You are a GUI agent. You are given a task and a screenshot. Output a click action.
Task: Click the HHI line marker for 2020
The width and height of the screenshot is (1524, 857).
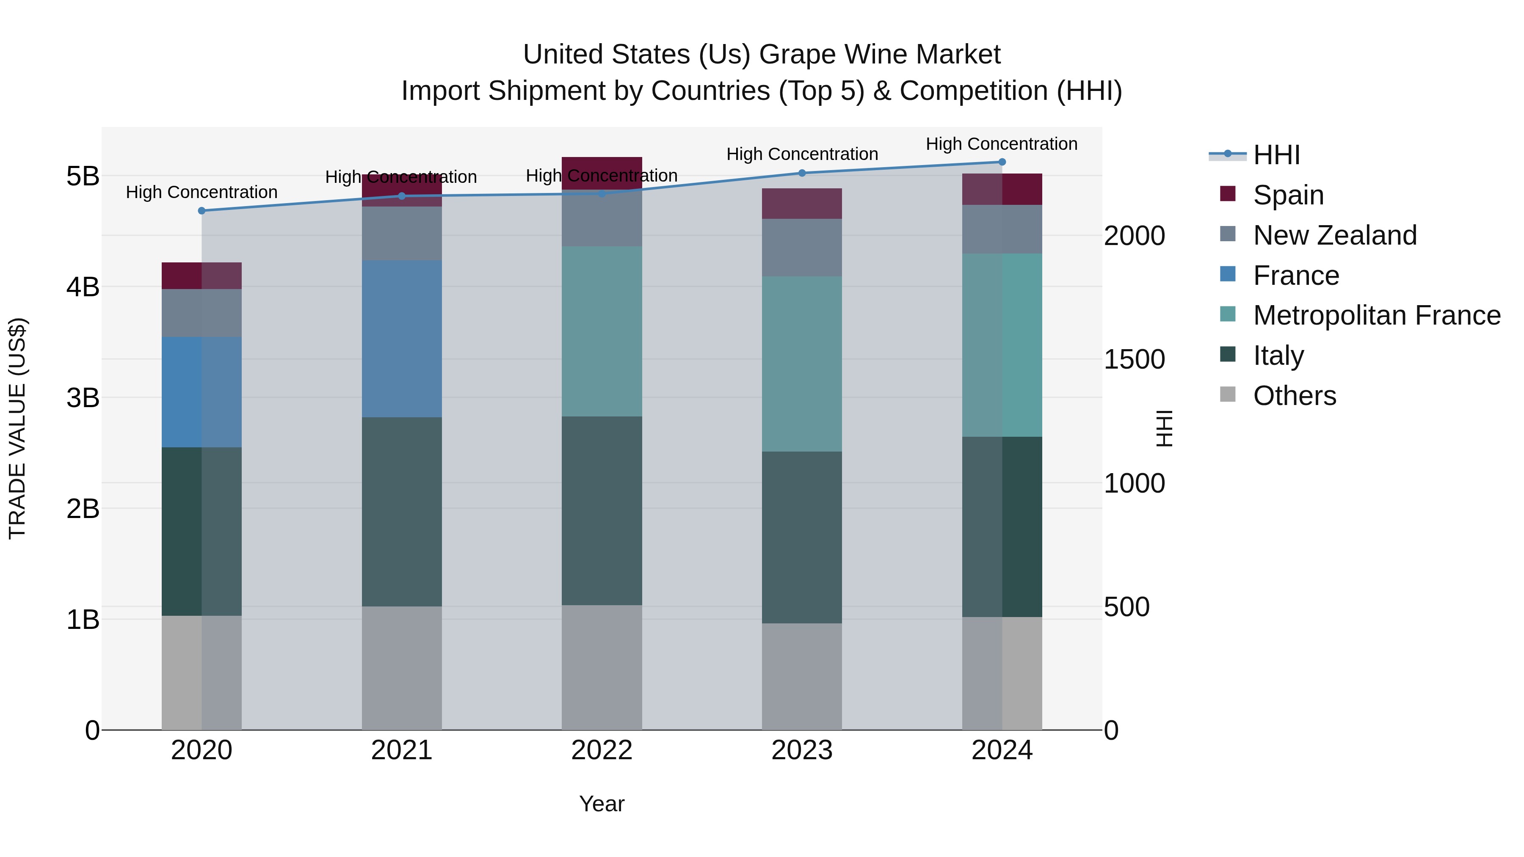202,211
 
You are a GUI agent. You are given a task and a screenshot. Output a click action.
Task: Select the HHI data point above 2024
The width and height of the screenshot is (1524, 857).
1002,162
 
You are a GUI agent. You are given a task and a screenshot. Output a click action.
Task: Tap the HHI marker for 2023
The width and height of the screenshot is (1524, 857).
802,173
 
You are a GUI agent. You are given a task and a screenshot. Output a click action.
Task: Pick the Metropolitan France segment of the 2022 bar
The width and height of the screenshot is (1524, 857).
602,331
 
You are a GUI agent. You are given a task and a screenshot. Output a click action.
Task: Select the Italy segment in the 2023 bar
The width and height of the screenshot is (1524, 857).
802,537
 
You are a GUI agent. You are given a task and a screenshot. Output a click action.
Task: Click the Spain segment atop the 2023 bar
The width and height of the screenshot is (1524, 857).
802,204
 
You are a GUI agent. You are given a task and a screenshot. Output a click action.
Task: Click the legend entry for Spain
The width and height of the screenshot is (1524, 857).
1287,195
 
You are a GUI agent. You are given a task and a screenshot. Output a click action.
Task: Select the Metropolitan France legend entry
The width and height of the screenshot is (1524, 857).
1376,315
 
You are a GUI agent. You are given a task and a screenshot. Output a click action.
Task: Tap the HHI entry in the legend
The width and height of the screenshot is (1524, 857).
1276,155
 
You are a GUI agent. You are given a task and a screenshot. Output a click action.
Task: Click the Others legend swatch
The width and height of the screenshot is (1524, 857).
1228,394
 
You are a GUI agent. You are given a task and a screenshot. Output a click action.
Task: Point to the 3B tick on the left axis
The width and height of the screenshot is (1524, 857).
83,397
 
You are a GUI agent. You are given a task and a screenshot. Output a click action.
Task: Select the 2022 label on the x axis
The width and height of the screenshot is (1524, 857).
602,750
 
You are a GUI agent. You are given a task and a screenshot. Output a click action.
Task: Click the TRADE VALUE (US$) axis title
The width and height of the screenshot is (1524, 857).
17,428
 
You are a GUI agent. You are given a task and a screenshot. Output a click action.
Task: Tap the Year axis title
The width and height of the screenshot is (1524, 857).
602,804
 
